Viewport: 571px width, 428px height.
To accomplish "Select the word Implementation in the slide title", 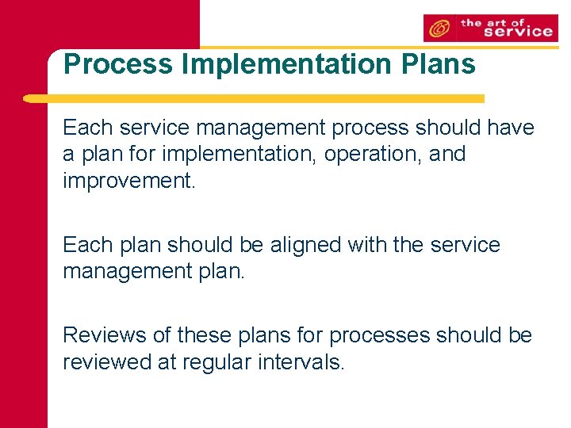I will point(274,64).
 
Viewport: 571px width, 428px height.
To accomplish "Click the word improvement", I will point(127,180).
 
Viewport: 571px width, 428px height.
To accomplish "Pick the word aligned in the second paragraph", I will point(305,245).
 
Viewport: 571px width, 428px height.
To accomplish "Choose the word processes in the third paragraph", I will point(377,335).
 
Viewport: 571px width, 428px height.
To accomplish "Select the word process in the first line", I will point(373,128).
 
